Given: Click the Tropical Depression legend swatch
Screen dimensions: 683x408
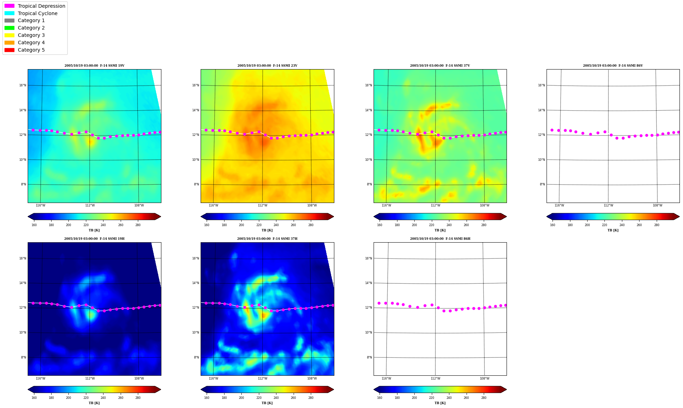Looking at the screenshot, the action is [9, 6].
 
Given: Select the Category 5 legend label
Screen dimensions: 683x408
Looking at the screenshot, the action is [31, 50].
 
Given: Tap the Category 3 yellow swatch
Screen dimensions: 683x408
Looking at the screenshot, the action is [9, 35].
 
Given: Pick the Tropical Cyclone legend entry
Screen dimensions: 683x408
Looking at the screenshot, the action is [38, 13].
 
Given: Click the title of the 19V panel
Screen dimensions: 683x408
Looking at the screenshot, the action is [94, 66].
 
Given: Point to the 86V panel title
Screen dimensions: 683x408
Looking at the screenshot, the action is [613, 66].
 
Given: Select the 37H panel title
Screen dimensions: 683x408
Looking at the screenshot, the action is [267, 239].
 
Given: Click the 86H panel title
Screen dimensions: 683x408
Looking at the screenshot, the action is [440, 239].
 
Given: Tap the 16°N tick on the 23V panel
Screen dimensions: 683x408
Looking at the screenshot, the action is [196, 85].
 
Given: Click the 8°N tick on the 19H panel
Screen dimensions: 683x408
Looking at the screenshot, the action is [24, 357].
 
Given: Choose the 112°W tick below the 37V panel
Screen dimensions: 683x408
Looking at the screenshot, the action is [435, 205].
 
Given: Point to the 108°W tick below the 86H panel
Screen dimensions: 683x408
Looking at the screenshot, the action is [484, 379].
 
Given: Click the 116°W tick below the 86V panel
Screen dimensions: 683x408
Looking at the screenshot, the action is [559, 205].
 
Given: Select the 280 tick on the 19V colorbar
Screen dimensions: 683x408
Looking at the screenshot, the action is [138, 225].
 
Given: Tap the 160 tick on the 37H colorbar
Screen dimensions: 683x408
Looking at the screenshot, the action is [207, 398].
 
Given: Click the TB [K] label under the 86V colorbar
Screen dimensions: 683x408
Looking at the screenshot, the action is [613, 230].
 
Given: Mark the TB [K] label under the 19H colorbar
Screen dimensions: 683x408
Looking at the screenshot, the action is [94, 403].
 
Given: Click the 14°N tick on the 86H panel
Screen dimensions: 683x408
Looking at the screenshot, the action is [369, 283].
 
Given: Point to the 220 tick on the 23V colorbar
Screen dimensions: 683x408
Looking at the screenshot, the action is [259, 225].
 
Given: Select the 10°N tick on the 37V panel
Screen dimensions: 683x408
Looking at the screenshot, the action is [369, 160].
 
